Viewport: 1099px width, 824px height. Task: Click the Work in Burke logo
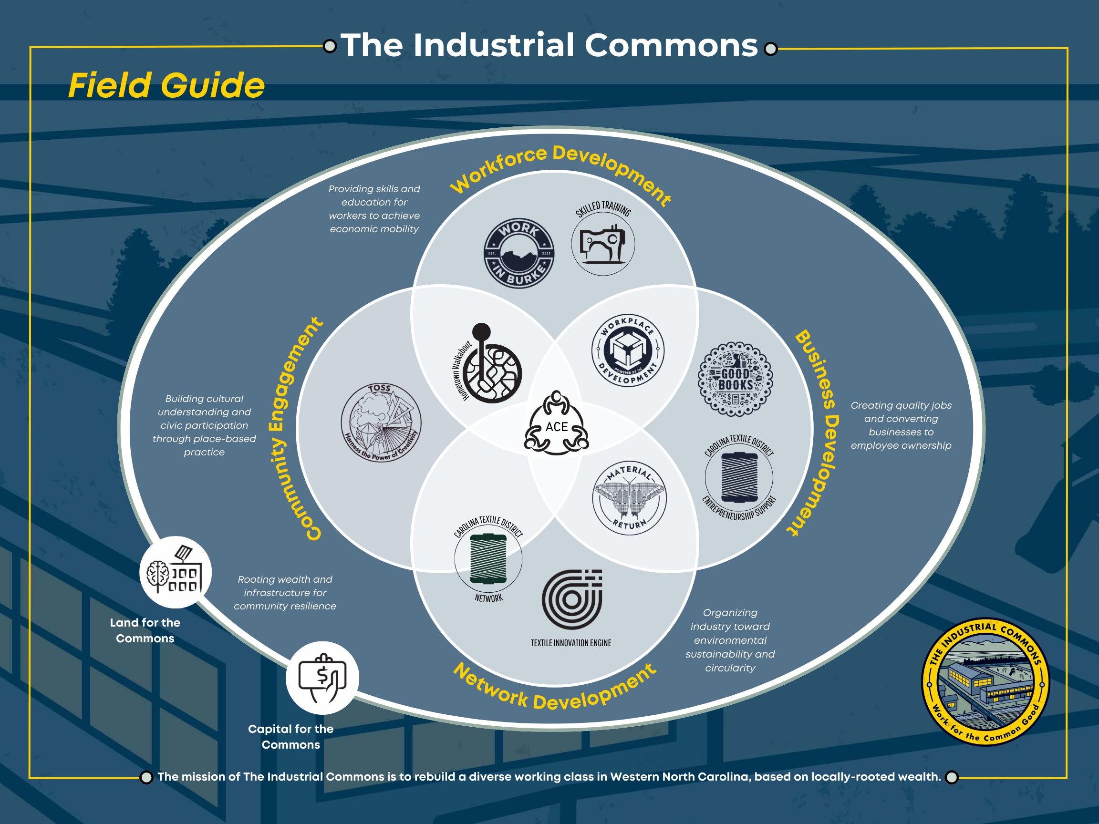(x=518, y=253)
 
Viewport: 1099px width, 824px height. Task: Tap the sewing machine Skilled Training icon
(x=602, y=243)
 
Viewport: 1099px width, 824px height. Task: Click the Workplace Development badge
(x=628, y=350)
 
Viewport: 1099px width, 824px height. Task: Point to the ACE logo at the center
(x=557, y=425)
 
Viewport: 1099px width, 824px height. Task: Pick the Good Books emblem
(x=736, y=379)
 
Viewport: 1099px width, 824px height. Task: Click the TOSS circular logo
(x=381, y=422)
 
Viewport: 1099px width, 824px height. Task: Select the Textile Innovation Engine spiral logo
(x=572, y=599)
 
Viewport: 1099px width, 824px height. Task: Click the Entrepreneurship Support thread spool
(x=739, y=477)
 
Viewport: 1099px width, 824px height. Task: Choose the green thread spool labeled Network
(x=488, y=558)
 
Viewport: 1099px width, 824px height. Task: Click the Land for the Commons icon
(x=176, y=572)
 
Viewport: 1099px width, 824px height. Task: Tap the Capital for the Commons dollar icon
(x=322, y=678)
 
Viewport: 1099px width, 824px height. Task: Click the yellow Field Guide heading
(x=166, y=85)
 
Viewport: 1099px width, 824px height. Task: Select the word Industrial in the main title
(x=494, y=46)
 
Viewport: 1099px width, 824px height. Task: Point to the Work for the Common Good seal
(x=986, y=681)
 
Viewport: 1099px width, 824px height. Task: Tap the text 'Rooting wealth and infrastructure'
(x=285, y=586)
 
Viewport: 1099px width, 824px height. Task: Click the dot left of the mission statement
(x=146, y=777)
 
